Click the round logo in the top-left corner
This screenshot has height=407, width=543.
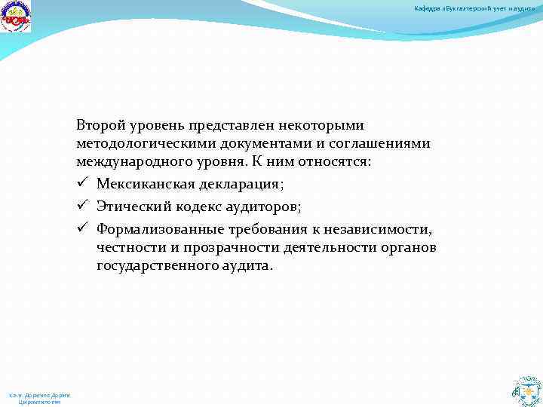[17, 17]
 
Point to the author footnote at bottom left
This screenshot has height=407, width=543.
[38, 399]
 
